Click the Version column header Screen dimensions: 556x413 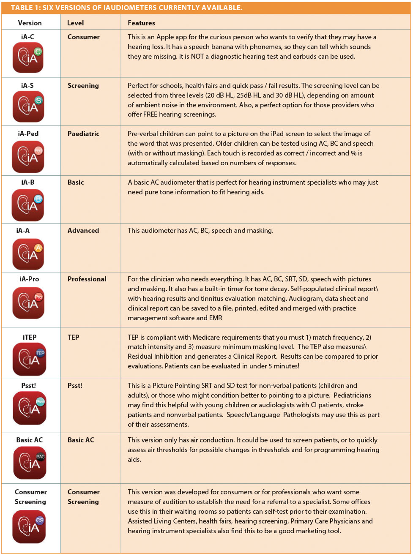point(30,23)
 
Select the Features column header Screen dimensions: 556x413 point(141,23)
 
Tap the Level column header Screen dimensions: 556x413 point(75,23)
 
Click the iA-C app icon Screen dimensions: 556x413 point(28,57)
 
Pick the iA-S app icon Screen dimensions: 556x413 point(28,106)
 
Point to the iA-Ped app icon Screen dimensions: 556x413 point(28,156)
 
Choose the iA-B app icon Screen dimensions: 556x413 point(28,204)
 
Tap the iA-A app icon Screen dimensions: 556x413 point(28,253)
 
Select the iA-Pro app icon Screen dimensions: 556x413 point(28,303)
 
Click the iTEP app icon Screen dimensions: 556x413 point(29,359)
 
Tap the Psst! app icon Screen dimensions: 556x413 point(29,408)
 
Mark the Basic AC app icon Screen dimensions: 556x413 point(30,463)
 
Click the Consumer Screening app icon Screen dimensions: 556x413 point(29,526)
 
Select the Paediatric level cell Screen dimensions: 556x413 point(83,134)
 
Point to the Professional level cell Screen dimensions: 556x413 point(87,279)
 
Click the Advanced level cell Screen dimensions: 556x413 point(83,230)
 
